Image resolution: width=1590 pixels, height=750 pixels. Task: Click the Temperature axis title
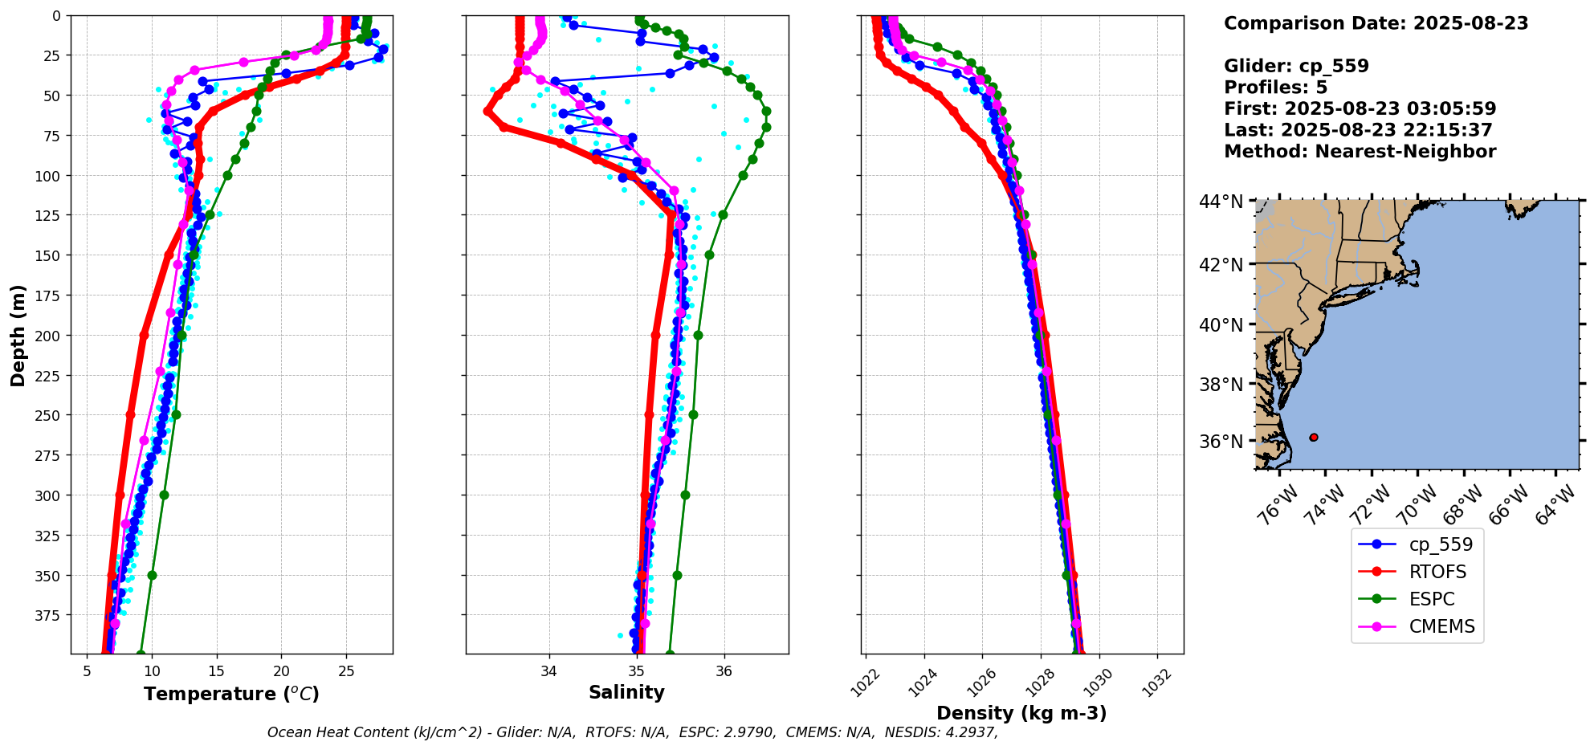coord(231,694)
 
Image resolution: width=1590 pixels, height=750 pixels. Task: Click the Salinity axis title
coord(626,692)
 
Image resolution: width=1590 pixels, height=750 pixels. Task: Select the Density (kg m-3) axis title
coord(1021,713)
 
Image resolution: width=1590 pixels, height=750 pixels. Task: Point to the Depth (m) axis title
coord(18,335)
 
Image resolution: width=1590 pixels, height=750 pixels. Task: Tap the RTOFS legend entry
coord(1437,572)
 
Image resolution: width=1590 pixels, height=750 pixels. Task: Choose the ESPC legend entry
coord(1432,599)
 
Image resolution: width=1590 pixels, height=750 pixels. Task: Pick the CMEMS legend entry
coord(1441,626)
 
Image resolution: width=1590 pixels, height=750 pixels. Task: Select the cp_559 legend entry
coord(1441,544)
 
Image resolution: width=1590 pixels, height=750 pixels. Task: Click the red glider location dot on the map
coord(1314,438)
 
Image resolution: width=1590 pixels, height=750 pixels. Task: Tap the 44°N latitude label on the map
coord(1221,202)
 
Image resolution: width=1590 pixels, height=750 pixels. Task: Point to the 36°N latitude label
coord(1221,442)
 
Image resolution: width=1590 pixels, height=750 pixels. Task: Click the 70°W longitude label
coord(1417,506)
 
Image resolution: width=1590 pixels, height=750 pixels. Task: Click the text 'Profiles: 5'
coord(1275,88)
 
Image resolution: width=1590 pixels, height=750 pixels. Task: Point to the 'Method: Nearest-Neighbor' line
coord(1360,152)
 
